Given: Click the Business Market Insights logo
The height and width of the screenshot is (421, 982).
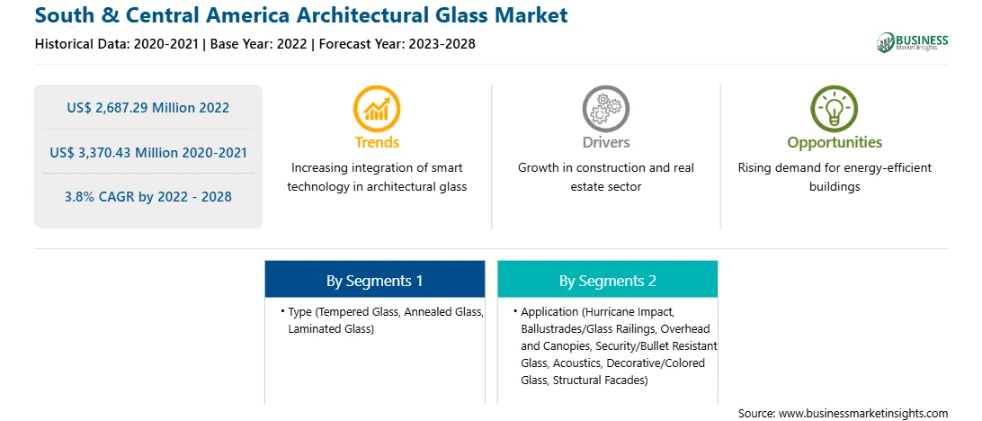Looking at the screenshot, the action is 913,42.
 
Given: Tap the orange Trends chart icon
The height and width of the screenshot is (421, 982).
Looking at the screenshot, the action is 377,108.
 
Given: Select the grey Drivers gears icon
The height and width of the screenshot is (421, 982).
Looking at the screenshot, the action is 605,108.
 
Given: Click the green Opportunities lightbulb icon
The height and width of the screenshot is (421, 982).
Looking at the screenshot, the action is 835,108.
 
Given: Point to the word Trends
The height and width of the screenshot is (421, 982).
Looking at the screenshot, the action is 377,142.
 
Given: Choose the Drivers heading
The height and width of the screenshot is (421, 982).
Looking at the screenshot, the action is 605,142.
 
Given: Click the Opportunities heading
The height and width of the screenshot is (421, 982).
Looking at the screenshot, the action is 835,143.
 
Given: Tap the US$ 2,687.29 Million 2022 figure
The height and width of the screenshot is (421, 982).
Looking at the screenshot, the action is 147,108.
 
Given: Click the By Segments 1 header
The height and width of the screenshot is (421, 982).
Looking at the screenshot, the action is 374,281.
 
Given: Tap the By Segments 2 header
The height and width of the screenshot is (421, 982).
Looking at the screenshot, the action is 608,281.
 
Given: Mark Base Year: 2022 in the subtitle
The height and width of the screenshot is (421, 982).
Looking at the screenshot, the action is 259,44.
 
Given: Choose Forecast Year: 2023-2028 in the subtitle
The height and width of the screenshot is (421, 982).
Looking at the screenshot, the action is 397,44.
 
